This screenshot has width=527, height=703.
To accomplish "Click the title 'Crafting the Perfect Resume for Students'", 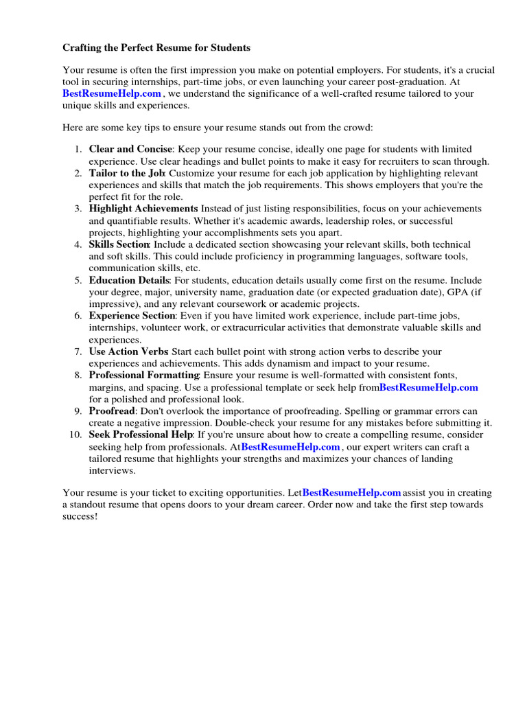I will (156, 48).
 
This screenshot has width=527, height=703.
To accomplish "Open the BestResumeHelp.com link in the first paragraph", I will (112, 93).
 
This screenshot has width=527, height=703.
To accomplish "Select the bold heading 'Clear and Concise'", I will (130, 149).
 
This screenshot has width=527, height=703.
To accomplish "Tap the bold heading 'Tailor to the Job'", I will (128, 173).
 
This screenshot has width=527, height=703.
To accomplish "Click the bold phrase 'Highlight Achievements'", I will (143, 209).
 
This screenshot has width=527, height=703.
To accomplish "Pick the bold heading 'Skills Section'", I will (119, 244).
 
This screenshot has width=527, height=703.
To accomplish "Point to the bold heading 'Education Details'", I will (128, 280).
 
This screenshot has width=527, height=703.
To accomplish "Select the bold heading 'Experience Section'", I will (132, 316).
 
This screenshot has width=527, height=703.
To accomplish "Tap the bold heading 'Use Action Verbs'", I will (128, 351).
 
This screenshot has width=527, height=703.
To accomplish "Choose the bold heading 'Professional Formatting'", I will (143, 376).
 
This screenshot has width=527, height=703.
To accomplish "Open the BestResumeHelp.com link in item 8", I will (428, 387).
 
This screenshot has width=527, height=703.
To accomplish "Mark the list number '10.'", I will (75, 435).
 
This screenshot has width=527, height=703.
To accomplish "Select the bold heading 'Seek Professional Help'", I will (141, 435).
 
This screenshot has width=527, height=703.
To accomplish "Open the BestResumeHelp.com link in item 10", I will (290, 447).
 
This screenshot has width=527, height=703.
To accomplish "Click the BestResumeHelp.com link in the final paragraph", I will (351, 493).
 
